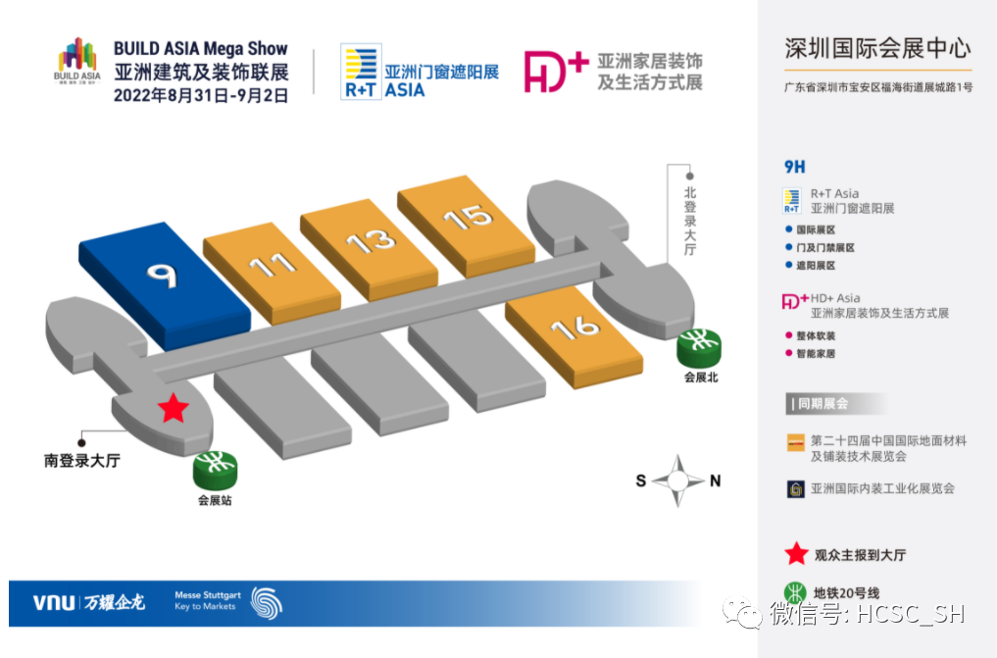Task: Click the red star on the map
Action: coord(173,408)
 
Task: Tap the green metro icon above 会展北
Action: coord(700,346)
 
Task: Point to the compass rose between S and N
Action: coord(678,481)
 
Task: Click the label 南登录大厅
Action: coord(81,460)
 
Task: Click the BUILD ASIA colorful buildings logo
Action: coord(77,63)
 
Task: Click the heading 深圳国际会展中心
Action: coord(877,47)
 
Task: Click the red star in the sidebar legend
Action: coord(796,554)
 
